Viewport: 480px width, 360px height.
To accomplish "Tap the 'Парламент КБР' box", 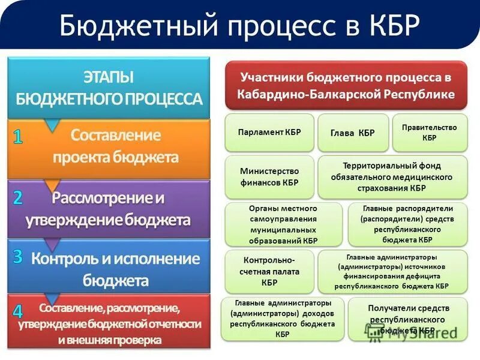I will click(269, 133).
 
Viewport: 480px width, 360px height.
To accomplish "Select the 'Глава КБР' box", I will click(353, 133).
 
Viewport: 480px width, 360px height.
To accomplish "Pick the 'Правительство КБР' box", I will click(430, 133).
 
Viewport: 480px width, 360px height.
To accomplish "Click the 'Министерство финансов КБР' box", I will click(269, 177).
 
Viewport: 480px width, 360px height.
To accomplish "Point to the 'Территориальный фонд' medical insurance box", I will click(392, 177).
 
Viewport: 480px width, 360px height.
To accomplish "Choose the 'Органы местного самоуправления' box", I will click(283, 224).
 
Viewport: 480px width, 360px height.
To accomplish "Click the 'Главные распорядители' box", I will click(407, 224).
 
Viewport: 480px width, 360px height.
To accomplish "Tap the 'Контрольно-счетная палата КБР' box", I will click(269, 271).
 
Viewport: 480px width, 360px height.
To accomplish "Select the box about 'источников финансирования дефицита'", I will click(392, 271).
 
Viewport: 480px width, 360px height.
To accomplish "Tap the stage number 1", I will click(19, 137).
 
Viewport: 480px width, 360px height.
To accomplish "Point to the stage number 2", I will click(19, 198).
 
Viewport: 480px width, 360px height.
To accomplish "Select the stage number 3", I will click(19, 257).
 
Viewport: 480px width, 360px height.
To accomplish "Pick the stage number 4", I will click(19, 311).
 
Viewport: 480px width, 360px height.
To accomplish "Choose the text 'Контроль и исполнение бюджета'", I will click(115, 269).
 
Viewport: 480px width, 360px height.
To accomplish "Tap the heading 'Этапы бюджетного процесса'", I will click(109, 88).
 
